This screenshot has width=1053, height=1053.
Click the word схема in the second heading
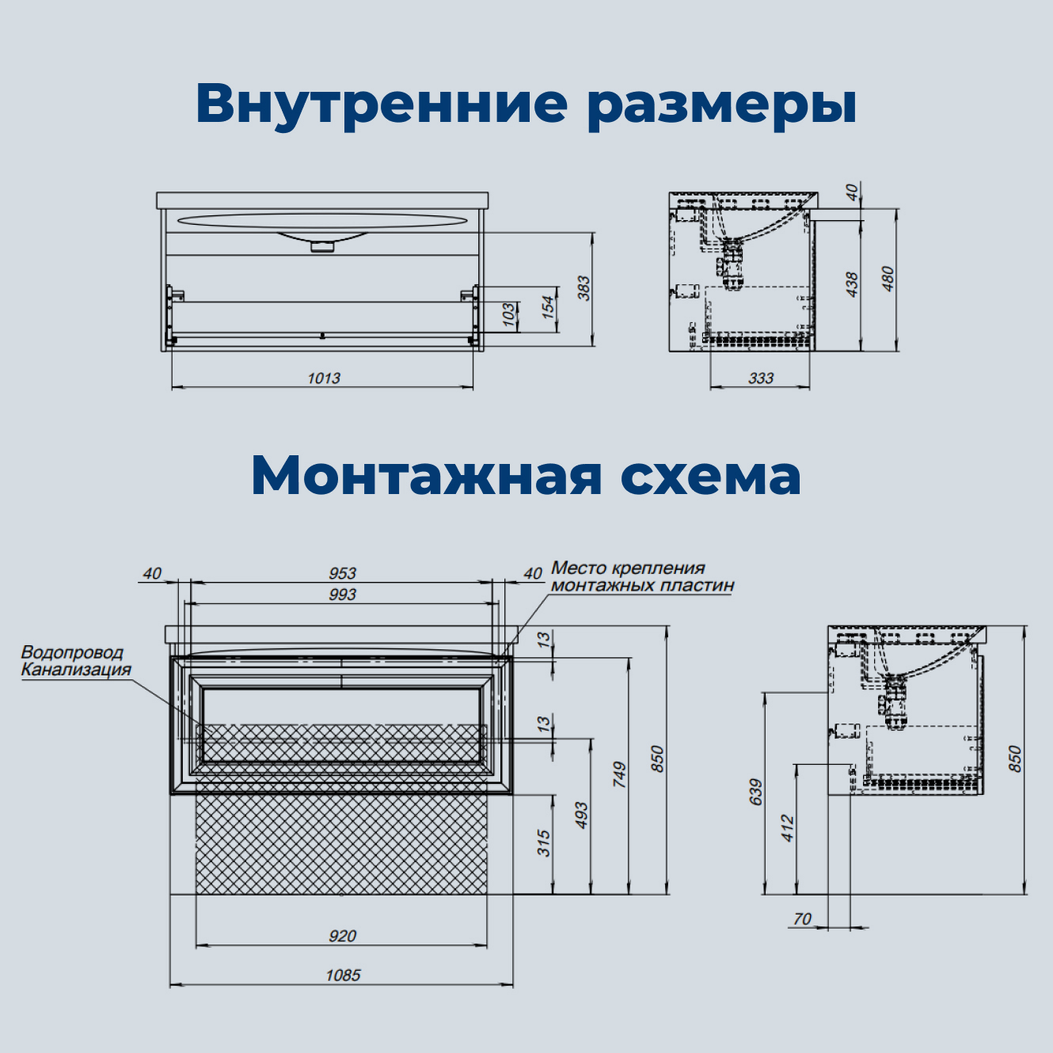710,475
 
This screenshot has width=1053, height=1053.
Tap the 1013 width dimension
323,378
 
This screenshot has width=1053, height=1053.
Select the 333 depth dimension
760,378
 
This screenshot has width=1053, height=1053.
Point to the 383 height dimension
584,287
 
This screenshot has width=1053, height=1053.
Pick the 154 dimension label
548,307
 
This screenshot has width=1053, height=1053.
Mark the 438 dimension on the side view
852,284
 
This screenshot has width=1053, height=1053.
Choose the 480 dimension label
888,279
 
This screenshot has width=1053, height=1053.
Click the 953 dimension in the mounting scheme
342,572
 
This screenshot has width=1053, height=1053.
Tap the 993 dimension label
342,594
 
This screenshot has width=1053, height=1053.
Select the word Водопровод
72,652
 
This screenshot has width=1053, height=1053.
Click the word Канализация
76,670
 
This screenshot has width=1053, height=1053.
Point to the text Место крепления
628,568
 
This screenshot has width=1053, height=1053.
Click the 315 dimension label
543,842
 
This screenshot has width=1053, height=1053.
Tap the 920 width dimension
342,936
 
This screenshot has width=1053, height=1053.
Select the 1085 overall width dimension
342,975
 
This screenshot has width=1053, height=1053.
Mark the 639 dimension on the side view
755,792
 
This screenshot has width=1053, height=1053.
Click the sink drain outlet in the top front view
322,246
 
